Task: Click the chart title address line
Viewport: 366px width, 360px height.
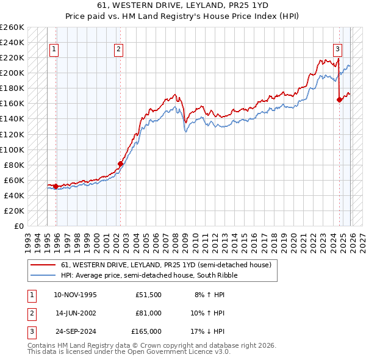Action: pyautogui.click(x=182, y=5)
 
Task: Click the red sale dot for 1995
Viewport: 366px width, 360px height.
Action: pyautogui.click(x=56, y=186)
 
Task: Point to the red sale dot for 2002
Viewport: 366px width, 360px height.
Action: pyautogui.click(x=120, y=164)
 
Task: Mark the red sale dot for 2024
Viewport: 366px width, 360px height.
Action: pyautogui.click(x=340, y=99)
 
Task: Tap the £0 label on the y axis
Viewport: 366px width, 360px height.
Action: pyautogui.click(x=20, y=226)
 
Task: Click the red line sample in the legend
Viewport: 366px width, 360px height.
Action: pyautogui.click(x=43, y=265)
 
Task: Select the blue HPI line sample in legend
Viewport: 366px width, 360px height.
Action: pyautogui.click(x=43, y=275)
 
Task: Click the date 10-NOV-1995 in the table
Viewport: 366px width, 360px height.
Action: pyautogui.click(x=75, y=295)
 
